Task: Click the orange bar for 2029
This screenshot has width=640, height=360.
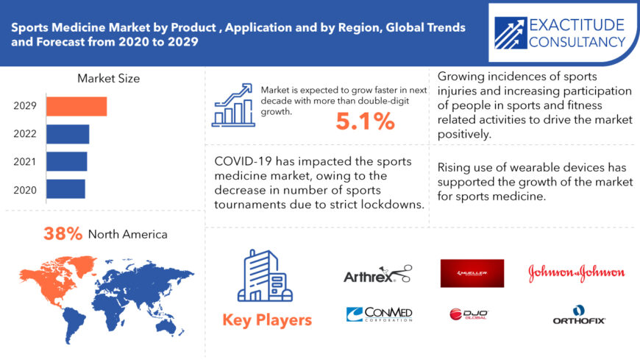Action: (77, 106)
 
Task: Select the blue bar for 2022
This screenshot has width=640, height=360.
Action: (68, 134)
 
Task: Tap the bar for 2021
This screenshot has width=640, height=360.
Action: (66, 161)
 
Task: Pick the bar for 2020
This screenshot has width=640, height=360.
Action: (65, 188)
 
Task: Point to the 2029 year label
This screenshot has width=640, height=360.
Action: (25, 106)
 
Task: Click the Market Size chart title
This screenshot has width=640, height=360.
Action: (109, 79)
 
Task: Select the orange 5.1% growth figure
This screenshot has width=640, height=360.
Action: (366, 121)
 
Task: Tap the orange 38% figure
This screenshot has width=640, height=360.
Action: (63, 233)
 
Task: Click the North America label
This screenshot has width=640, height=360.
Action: (128, 234)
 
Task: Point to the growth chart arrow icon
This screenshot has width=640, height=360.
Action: (233, 105)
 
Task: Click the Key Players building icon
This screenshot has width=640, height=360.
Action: (265, 276)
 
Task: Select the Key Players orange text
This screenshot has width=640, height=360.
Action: (267, 320)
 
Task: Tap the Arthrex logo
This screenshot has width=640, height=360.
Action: (377, 274)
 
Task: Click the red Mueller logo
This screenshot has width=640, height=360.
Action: (472, 273)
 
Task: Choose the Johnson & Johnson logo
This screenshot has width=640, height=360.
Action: (576, 273)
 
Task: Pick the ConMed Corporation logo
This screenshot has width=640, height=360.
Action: (379, 314)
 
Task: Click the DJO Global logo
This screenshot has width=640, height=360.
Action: (469, 314)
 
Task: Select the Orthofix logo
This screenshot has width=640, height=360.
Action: (579, 315)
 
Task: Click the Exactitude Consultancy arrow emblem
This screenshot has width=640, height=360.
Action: (511, 33)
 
